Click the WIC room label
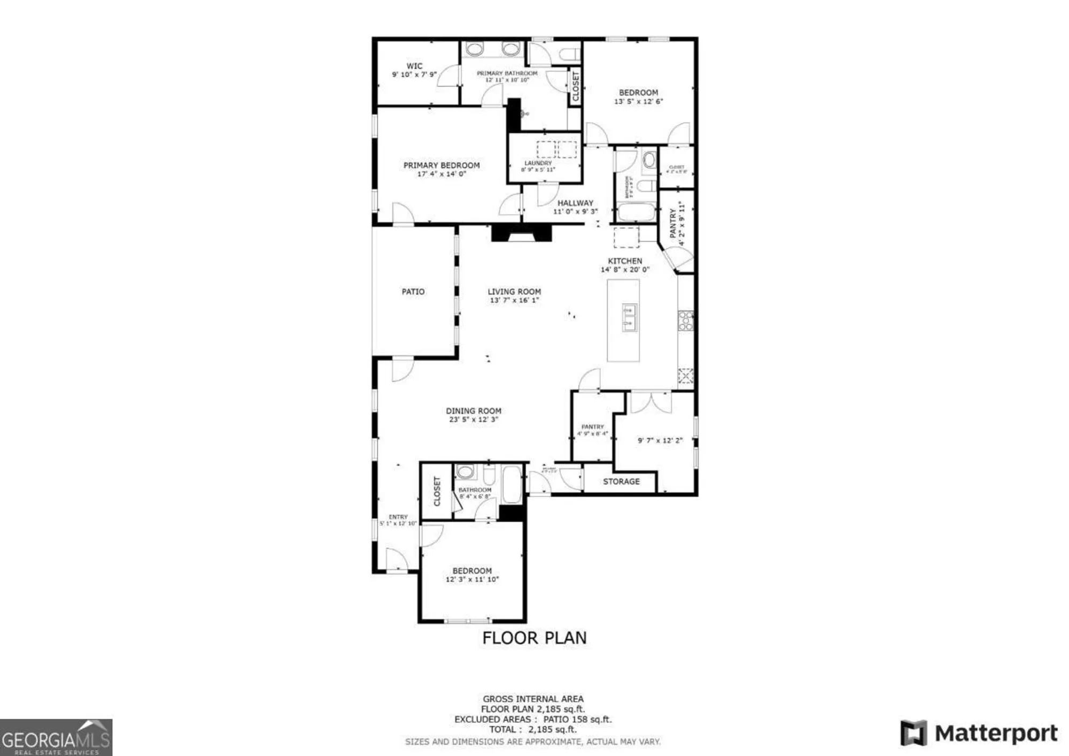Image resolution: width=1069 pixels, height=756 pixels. pyautogui.click(x=414, y=66)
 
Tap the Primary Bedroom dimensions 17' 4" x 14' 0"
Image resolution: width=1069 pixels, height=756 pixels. pyautogui.click(x=441, y=174)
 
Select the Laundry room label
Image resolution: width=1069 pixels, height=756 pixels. pyautogui.click(x=538, y=163)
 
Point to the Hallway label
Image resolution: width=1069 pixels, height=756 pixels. pyautogui.click(x=575, y=203)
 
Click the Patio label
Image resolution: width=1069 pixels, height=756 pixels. pyautogui.click(x=413, y=292)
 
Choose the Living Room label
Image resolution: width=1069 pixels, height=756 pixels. pyautogui.click(x=514, y=292)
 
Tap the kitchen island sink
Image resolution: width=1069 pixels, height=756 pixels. pyautogui.click(x=629, y=318)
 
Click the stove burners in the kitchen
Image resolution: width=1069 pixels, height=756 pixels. pyautogui.click(x=685, y=321)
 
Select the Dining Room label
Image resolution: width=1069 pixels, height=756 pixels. pyautogui.click(x=474, y=411)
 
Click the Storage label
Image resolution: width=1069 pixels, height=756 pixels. pyautogui.click(x=621, y=482)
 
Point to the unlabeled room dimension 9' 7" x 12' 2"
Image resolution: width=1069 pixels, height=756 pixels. pyautogui.click(x=660, y=440)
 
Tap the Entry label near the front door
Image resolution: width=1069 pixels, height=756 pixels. pyautogui.click(x=398, y=517)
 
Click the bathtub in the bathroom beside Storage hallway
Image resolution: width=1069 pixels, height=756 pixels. pyautogui.click(x=512, y=485)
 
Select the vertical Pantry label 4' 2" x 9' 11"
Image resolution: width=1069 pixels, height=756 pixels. pyautogui.click(x=673, y=223)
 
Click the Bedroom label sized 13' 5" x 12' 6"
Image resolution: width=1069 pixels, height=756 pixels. pyautogui.click(x=638, y=93)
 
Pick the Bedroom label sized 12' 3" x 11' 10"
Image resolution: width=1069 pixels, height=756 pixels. pyautogui.click(x=472, y=571)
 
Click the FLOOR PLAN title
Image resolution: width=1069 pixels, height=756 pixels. pyautogui.click(x=534, y=638)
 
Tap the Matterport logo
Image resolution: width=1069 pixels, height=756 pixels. pyautogui.click(x=979, y=733)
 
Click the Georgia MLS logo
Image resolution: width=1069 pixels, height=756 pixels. pyautogui.click(x=56, y=738)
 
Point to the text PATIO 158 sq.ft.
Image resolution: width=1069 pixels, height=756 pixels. pyautogui.click(x=577, y=720)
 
